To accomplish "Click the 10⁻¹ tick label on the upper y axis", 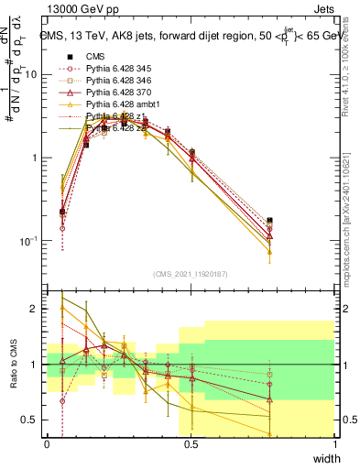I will click(x=28, y=241).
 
